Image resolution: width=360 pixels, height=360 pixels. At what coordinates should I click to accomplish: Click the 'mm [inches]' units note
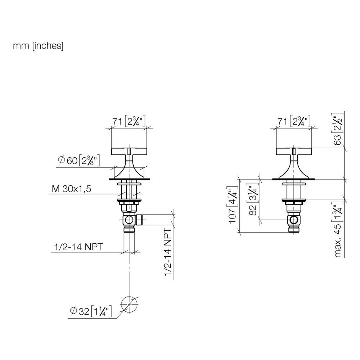[x=38, y=46]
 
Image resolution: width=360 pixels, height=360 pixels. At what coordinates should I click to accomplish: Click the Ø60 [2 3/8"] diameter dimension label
[x=79, y=161]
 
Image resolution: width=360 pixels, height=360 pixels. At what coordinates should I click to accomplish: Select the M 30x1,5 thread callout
[x=71, y=189]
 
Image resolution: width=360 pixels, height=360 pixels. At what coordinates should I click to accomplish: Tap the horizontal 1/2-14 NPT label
[x=78, y=247]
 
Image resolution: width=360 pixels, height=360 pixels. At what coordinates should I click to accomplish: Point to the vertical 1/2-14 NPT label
[x=168, y=252]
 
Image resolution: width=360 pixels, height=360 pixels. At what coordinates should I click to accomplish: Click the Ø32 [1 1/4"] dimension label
[x=91, y=311]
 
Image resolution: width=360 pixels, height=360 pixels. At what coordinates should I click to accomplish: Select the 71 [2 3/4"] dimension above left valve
[x=129, y=121]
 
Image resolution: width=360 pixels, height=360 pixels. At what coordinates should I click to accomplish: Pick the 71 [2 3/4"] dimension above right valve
[x=294, y=121]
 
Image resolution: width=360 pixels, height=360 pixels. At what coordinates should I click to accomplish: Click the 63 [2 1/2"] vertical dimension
[x=337, y=129]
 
